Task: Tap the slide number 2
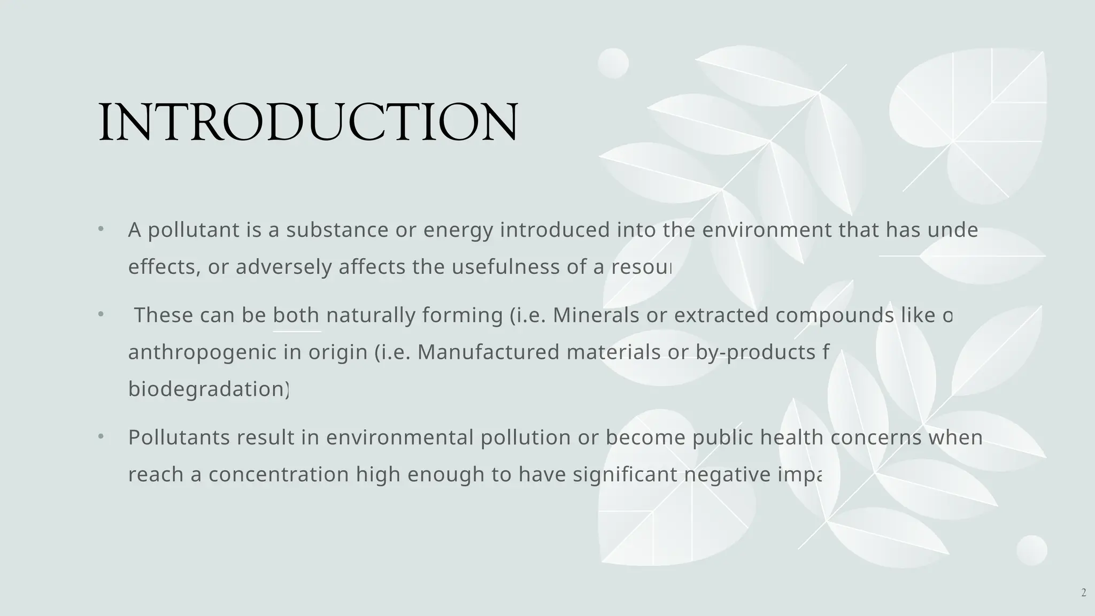pos(1083,592)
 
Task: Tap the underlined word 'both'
pos(296,315)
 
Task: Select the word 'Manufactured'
pos(488,352)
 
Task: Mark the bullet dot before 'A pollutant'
pos(101,229)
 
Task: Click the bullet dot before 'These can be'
pos(101,314)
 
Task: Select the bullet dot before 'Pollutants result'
pos(101,437)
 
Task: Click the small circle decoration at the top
pos(613,63)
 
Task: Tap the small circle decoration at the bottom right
pos(1031,550)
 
